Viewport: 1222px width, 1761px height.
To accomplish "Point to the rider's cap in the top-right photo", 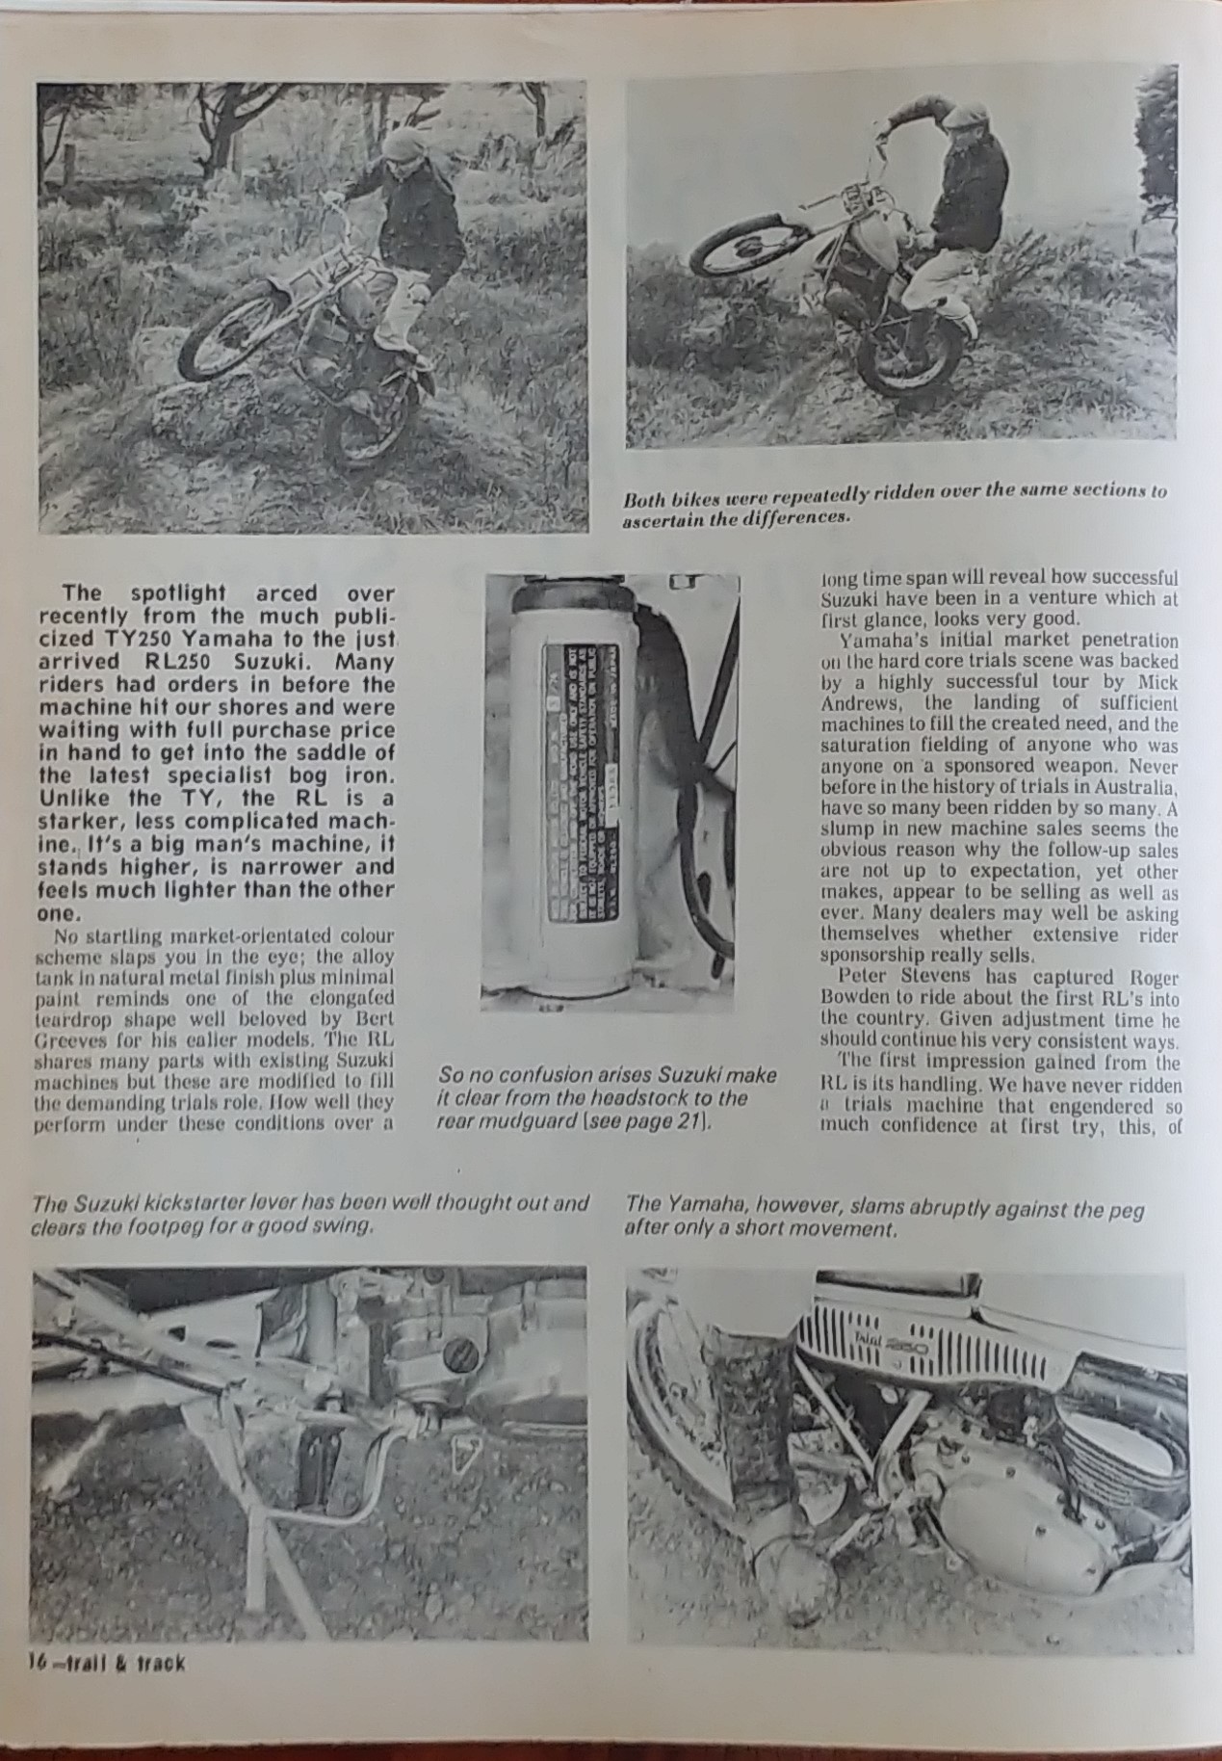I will (962, 118).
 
